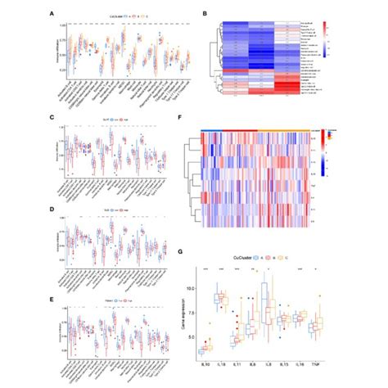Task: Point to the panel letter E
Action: coord(53,300)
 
